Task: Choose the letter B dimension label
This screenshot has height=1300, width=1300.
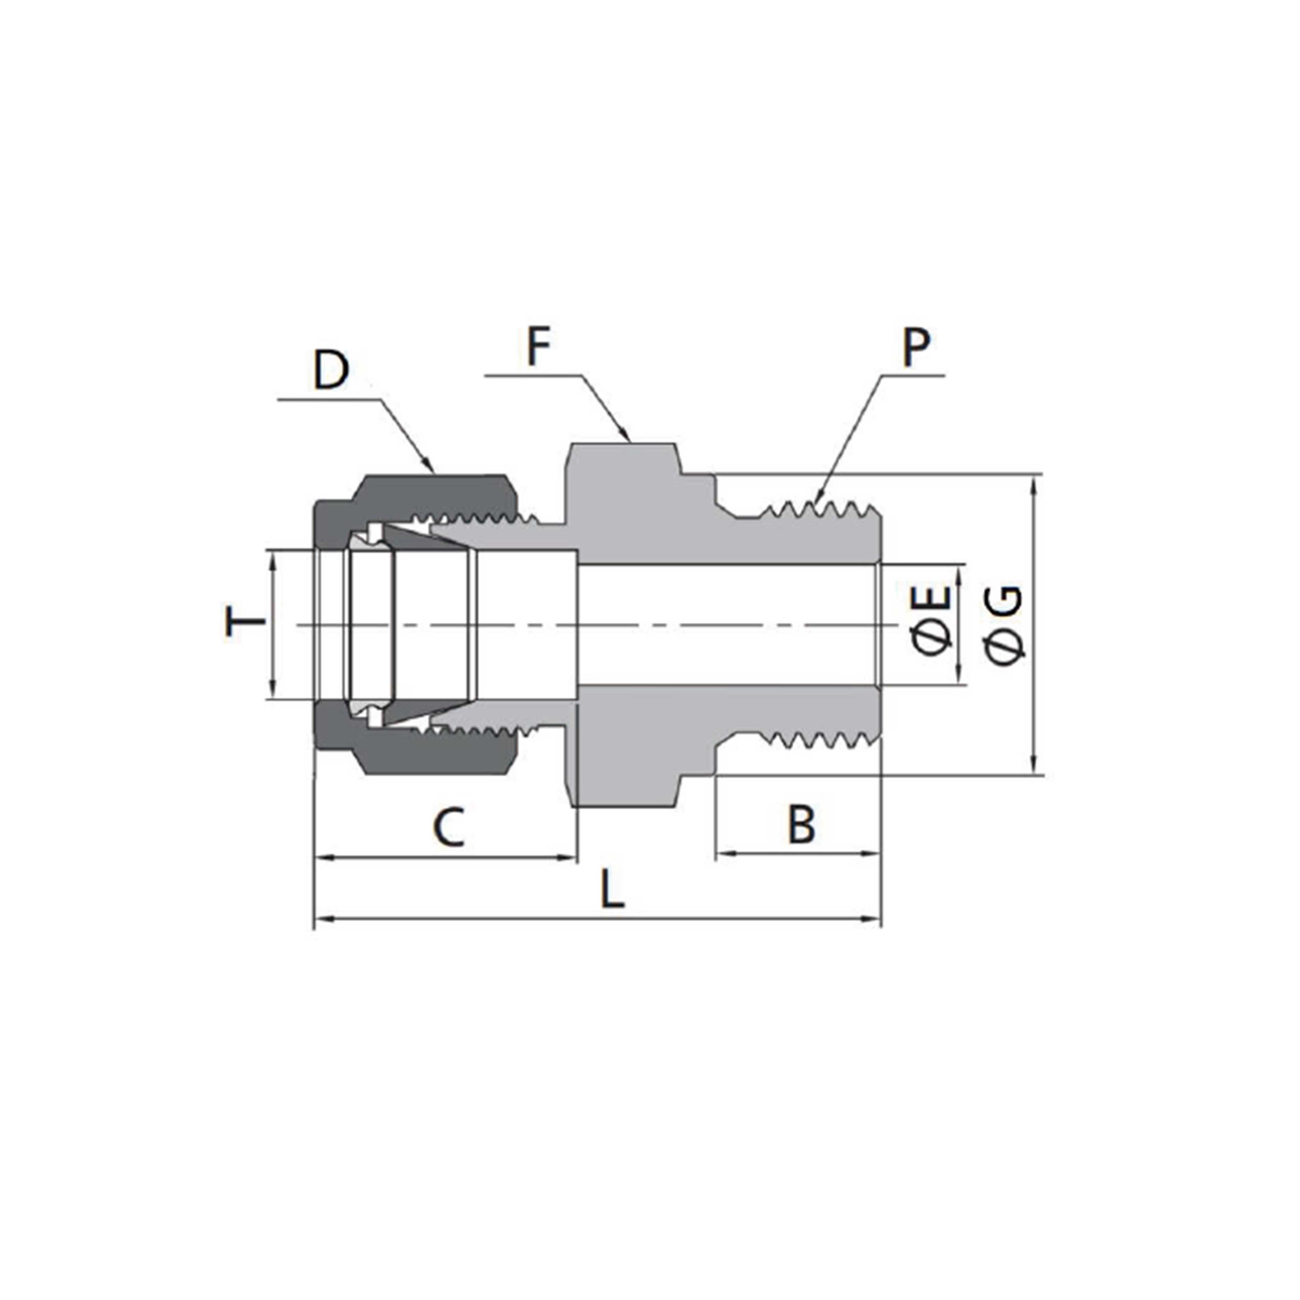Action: [x=802, y=825]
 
